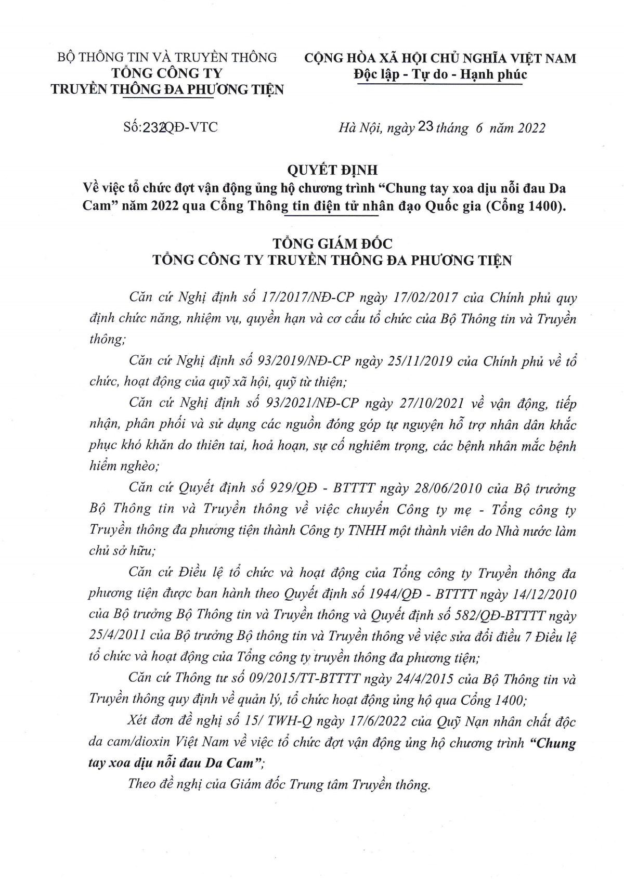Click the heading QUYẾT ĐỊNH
[x=333, y=170]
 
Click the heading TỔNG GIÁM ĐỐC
[x=333, y=243]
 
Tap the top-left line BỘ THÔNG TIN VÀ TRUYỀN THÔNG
[x=167, y=57]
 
